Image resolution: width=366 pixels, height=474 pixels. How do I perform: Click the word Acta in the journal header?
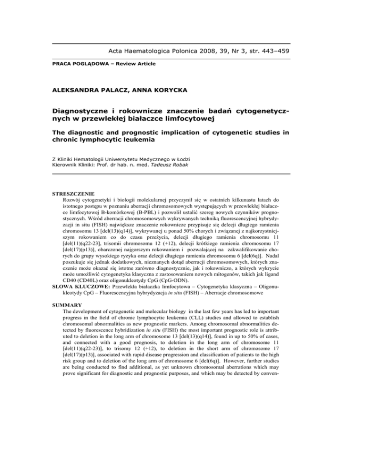pos(117,51)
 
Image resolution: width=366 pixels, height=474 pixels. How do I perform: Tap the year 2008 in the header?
pos(211,51)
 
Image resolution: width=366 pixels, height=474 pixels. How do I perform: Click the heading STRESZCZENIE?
pos(73,194)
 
